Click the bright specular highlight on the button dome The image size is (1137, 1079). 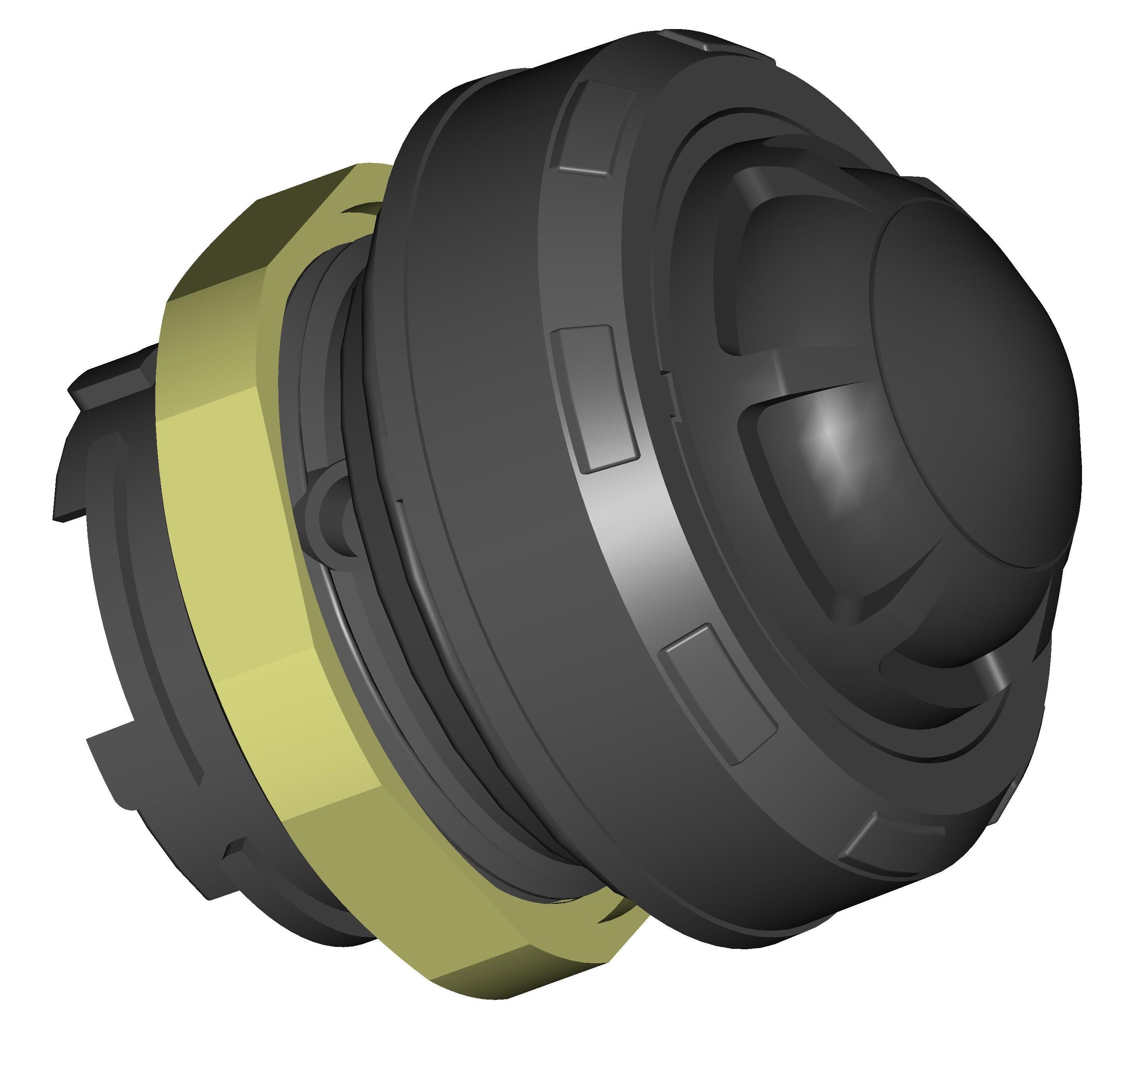(828, 428)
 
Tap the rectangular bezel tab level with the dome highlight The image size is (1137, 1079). (595, 397)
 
